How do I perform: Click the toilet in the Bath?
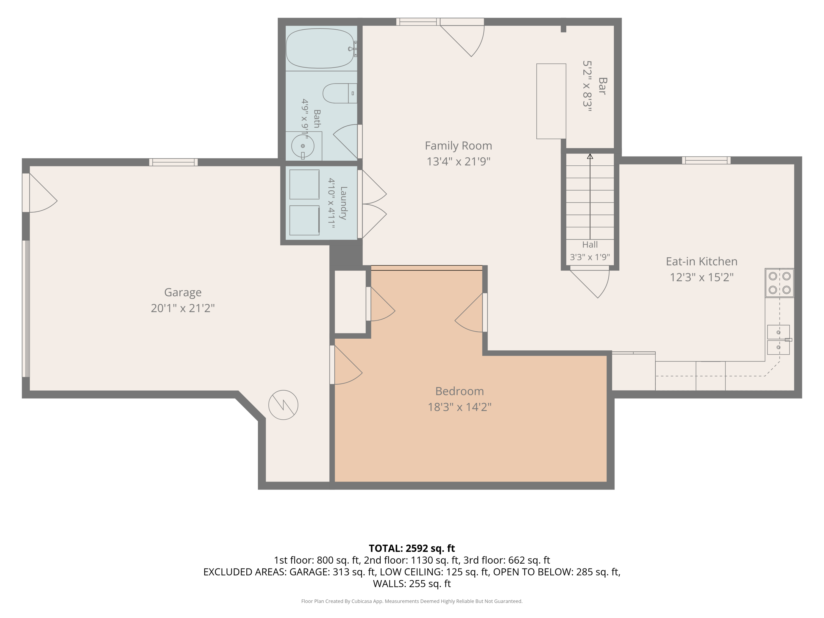click(x=340, y=93)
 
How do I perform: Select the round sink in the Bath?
click(x=302, y=146)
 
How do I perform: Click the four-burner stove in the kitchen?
click(x=779, y=283)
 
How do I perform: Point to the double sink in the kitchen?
click(x=778, y=340)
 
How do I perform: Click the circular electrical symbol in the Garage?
click(x=283, y=405)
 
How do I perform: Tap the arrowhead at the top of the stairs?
click(x=590, y=157)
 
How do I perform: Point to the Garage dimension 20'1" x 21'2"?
click(x=183, y=308)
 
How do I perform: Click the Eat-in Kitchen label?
click(x=701, y=261)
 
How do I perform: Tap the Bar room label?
click(x=602, y=86)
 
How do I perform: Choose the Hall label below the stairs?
click(x=590, y=245)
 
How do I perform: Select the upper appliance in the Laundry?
click(x=304, y=184)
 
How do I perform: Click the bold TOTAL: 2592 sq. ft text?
click(x=412, y=548)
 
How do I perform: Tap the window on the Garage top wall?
click(x=173, y=162)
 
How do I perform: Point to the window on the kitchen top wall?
click(x=706, y=160)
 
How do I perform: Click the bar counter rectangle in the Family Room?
click(x=551, y=101)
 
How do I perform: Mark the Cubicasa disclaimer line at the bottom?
click(x=412, y=601)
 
